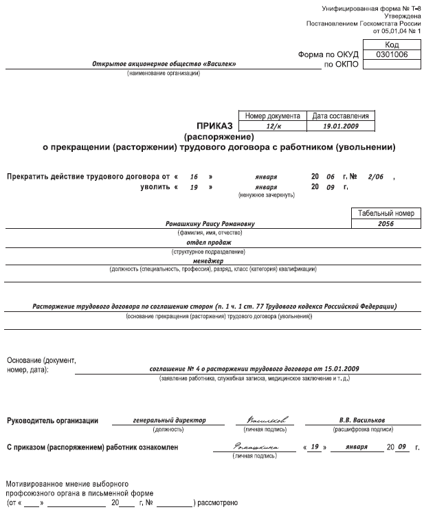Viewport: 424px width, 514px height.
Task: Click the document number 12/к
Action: coord(270,126)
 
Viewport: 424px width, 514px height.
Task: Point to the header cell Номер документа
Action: coord(270,116)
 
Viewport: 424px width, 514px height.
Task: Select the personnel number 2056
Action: coord(385,224)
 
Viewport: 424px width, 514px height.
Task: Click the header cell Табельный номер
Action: coord(385,214)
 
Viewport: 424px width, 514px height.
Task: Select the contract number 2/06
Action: coord(377,177)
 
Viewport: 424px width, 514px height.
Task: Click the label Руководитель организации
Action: coord(52,420)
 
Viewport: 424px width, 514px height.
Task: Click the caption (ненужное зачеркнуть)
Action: coord(266,195)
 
